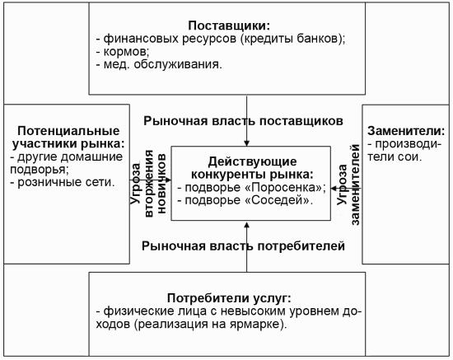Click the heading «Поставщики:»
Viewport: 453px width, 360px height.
pos(229,26)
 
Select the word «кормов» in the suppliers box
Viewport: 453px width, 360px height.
pos(126,51)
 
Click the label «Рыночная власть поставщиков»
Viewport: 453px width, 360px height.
pos(243,121)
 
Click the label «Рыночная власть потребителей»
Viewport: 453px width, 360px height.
pos(243,245)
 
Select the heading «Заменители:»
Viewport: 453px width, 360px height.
pos(406,131)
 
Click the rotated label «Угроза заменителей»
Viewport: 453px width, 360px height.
pos(348,185)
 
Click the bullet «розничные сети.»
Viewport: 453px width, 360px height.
pos(63,182)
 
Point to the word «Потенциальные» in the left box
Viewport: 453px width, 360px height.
pos(68,131)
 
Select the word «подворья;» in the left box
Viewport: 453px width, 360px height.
pos(40,170)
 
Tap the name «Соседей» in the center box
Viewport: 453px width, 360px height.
pos(277,200)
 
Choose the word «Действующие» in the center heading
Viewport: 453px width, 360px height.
pos(252,161)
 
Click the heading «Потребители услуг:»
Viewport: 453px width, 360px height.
pos(229,298)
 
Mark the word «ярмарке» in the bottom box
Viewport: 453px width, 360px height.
pos(255,325)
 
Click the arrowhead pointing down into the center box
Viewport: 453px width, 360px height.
pos(247,143)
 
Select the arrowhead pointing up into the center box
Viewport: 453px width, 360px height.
pos(247,225)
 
